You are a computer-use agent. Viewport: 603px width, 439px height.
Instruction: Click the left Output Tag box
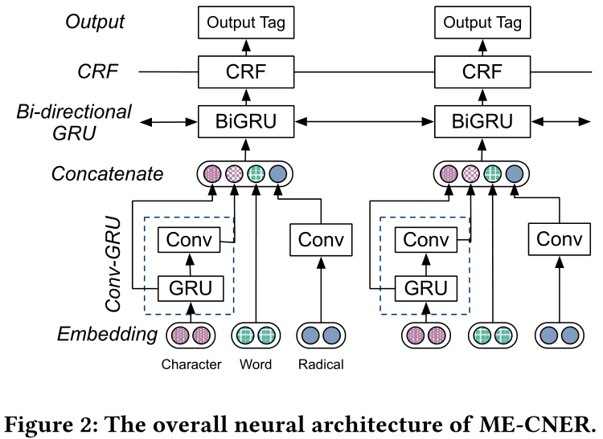coord(244,23)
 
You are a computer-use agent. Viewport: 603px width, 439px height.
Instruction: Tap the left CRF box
coord(244,73)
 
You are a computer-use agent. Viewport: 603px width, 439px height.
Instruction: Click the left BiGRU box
coord(244,123)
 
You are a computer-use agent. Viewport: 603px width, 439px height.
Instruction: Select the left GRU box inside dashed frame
coord(190,287)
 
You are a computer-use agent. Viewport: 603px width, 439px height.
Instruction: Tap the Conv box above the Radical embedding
coord(321,239)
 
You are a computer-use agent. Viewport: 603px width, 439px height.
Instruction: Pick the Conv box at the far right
coord(558,239)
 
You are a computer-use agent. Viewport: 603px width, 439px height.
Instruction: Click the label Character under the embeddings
coord(191,364)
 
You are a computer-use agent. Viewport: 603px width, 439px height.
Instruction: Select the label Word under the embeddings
coord(256,364)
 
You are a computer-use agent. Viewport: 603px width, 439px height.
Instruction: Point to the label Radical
coord(320,364)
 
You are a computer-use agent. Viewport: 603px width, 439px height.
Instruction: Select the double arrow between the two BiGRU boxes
coord(360,123)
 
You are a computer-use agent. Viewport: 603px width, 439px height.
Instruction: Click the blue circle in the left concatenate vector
coord(277,173)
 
